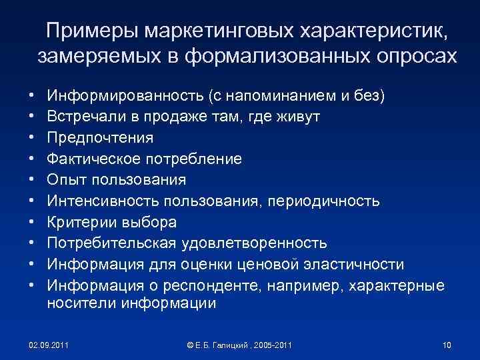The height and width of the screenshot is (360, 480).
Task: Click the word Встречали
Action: coord(85,117)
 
